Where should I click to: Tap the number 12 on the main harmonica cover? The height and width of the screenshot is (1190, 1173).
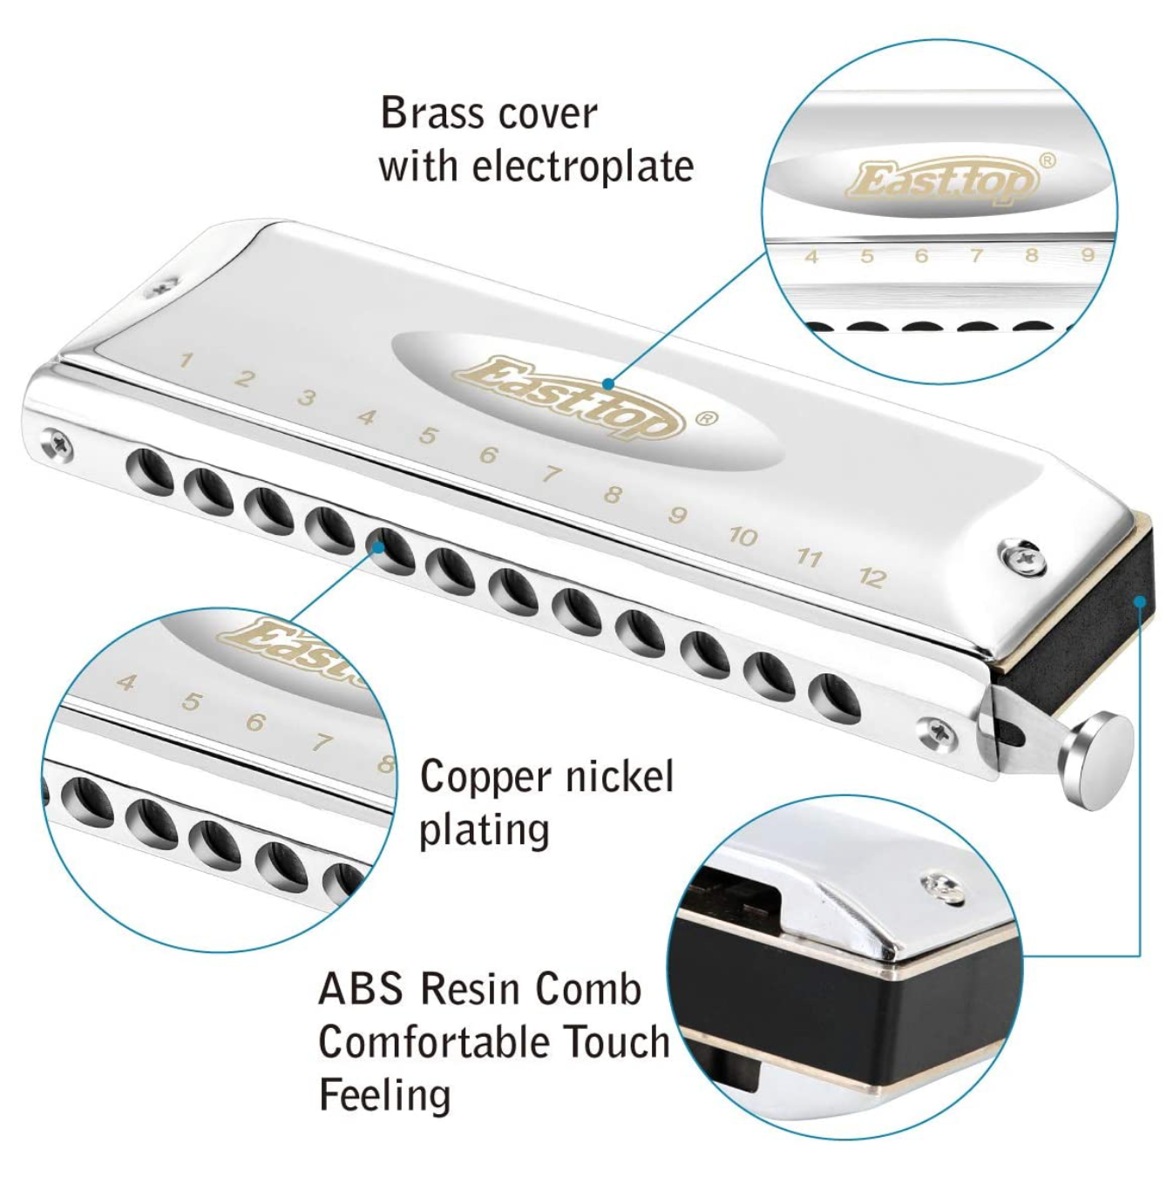(872, 577)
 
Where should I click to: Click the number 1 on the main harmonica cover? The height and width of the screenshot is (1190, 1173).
(185, 360)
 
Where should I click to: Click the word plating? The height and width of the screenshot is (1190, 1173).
(484, 830)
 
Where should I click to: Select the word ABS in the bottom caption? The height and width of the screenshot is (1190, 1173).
(361, 989)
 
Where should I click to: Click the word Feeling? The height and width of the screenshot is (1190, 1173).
(384, 1095)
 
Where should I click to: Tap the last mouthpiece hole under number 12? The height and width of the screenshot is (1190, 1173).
(834, 696)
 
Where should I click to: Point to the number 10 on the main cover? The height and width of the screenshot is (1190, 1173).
(742, 536)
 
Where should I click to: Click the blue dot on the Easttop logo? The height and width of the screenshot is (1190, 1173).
(608, 383)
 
